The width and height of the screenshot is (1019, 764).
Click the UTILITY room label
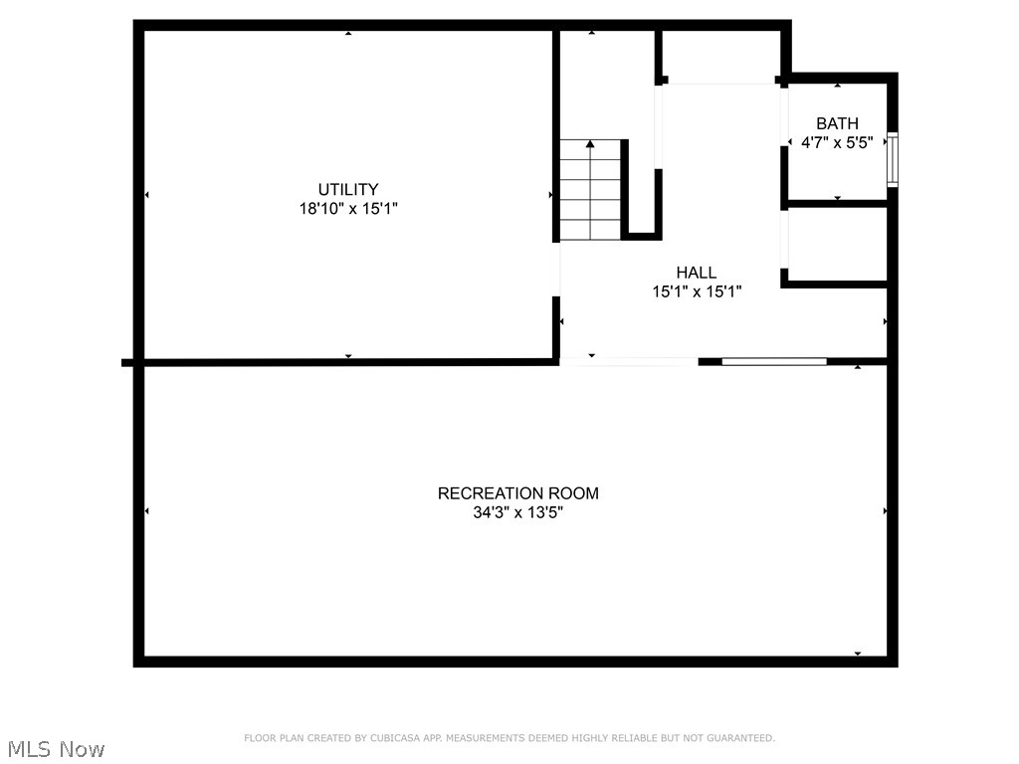347,189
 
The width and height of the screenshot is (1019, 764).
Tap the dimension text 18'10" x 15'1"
347,209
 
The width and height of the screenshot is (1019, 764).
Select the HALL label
696,273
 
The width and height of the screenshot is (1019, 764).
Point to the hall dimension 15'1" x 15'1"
696,291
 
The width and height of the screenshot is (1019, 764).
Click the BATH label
837,123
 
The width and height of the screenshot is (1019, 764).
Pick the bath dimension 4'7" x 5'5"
837,142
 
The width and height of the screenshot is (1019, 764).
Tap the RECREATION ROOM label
517,493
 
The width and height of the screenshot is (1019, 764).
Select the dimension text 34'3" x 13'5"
517,513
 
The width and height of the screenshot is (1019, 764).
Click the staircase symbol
590,190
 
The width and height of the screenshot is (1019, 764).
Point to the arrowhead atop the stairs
590,144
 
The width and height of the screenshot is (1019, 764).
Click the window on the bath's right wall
893,159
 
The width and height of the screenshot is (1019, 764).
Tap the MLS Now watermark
55,748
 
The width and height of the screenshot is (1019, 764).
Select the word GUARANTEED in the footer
738,738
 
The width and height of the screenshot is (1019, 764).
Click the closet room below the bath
836,245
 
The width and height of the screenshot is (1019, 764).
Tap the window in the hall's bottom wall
773,361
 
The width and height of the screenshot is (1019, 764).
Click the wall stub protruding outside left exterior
127,362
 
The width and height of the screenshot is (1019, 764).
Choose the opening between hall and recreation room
628,361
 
